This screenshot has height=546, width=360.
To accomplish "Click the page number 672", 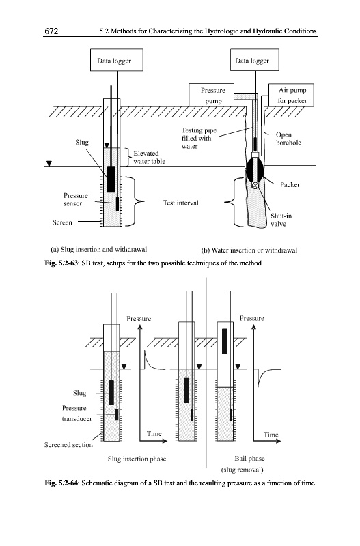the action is coord(51,31).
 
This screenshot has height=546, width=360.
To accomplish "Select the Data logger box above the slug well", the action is coord(116,60).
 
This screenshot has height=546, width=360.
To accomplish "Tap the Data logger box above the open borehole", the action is coord(254,60).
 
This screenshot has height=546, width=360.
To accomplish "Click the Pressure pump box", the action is coord(211,95).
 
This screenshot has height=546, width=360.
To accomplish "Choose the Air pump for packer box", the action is coord(291,95).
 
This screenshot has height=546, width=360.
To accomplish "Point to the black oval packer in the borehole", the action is coord(255,170).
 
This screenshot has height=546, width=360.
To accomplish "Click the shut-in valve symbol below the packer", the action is coord(255,186).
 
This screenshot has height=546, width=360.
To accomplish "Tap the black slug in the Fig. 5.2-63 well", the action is coord(111,179).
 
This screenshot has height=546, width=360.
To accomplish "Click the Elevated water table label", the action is coord(149,158).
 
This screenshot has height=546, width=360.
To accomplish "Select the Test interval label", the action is coord(181,203).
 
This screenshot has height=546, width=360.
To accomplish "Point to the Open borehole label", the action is coord(288,139).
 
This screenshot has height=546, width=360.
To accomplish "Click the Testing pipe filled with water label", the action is coord(199,139).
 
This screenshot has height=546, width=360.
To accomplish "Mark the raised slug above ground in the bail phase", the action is coord(225,341).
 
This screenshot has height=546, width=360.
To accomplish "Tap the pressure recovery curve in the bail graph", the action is coord(266,375).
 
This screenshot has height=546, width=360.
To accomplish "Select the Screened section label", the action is coord(68,445).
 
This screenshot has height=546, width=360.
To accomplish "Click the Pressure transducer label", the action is coord(77,414).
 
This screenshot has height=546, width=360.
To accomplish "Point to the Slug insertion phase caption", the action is coord(137,459).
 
